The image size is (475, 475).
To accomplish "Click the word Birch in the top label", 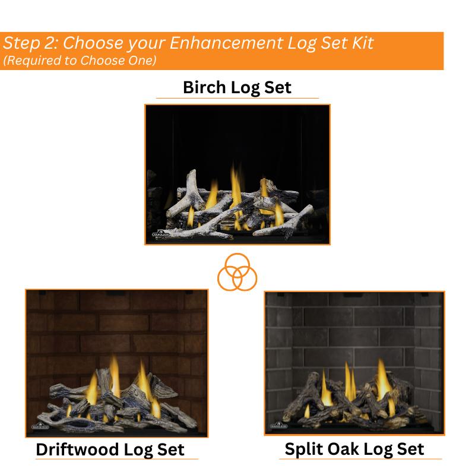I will pyautogui.click(x=205, y=88).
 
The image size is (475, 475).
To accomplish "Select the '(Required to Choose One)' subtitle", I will pyautogui.click(x=80, y=61).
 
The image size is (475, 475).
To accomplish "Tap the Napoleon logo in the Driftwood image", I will pyautogui.click(x=39, y=427).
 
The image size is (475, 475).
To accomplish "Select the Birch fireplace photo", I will pyautogui.click(x=237, y=174).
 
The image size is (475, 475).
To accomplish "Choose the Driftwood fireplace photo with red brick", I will pyautogui.click(x=116, y=363).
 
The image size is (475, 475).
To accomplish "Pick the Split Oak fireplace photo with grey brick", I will pyautogui.click(x=354, y=363).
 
